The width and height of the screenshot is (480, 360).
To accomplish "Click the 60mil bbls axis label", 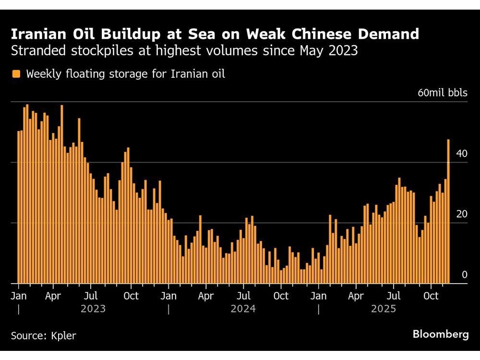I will click(x=442, y=93).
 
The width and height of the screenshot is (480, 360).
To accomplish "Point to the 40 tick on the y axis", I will click(x=462, y=154).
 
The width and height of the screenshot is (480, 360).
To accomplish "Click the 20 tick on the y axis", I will click(x=462, y=214).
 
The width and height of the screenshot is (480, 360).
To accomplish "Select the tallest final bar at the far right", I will click(x=448, y=211).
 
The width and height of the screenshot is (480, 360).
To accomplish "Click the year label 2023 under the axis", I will click(x=93, y=309).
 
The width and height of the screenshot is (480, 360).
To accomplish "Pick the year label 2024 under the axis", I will click(x=243, y=309).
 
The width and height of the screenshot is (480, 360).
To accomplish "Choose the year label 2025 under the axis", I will click(x=384, y=309).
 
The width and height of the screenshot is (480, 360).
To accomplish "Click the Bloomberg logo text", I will click(x=441, y=335).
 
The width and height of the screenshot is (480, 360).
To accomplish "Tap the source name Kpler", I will click(x=64, y=336).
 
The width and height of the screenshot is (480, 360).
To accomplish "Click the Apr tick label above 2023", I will click(x=53, y=296).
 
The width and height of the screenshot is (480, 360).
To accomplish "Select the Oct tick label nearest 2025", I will click(x=431, y=296).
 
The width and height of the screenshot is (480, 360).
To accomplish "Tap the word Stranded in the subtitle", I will click(x=33, y=50).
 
